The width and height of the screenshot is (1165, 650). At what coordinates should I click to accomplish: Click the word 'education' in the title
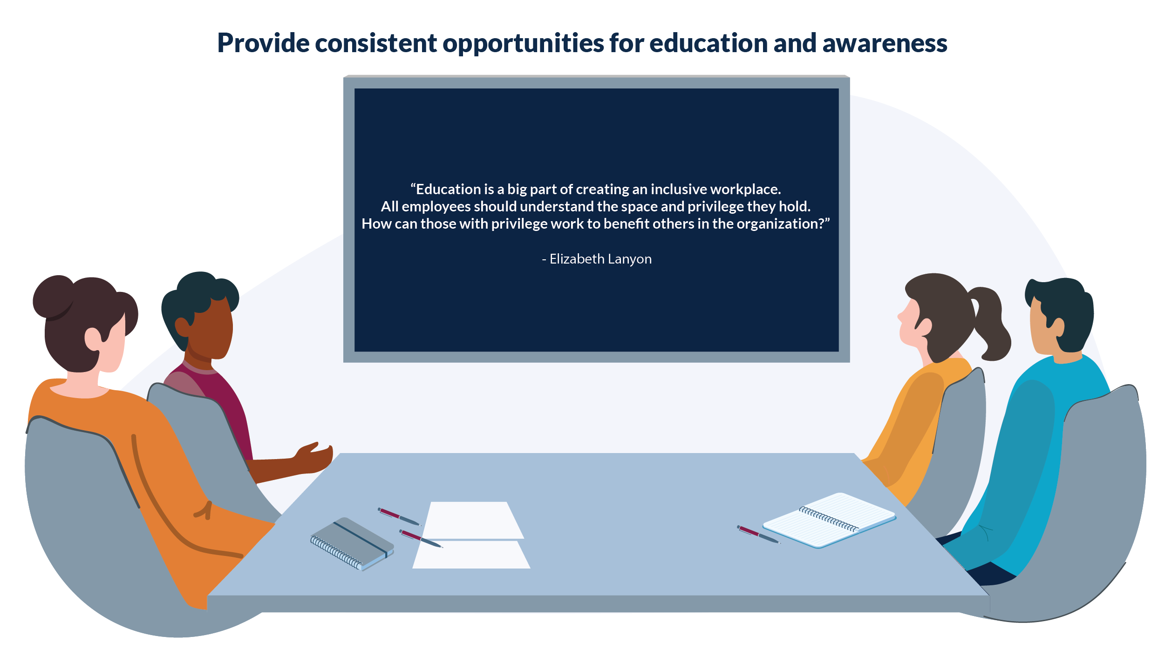click(x=708, y=43)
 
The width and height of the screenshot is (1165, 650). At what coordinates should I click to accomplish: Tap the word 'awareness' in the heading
click(x=885, y=43)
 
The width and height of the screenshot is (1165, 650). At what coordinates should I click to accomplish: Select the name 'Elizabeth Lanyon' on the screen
click(x=600, y=259)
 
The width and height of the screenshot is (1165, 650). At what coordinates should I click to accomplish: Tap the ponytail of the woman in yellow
click(x=990, y=324)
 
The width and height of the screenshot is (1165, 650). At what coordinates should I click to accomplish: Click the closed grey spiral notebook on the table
click(x=352, y=543)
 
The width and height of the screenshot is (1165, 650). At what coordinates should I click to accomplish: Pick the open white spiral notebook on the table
click(x=829, y=520)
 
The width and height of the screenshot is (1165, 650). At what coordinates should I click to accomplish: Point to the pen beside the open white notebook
click(x=758, y=535)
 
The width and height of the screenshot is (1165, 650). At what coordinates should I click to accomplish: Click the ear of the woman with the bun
click(x=93, y=339)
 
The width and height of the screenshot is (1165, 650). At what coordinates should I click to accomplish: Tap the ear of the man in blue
click(x=1058, y=327)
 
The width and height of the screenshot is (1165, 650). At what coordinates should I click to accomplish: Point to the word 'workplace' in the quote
click(x=745, y=189)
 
